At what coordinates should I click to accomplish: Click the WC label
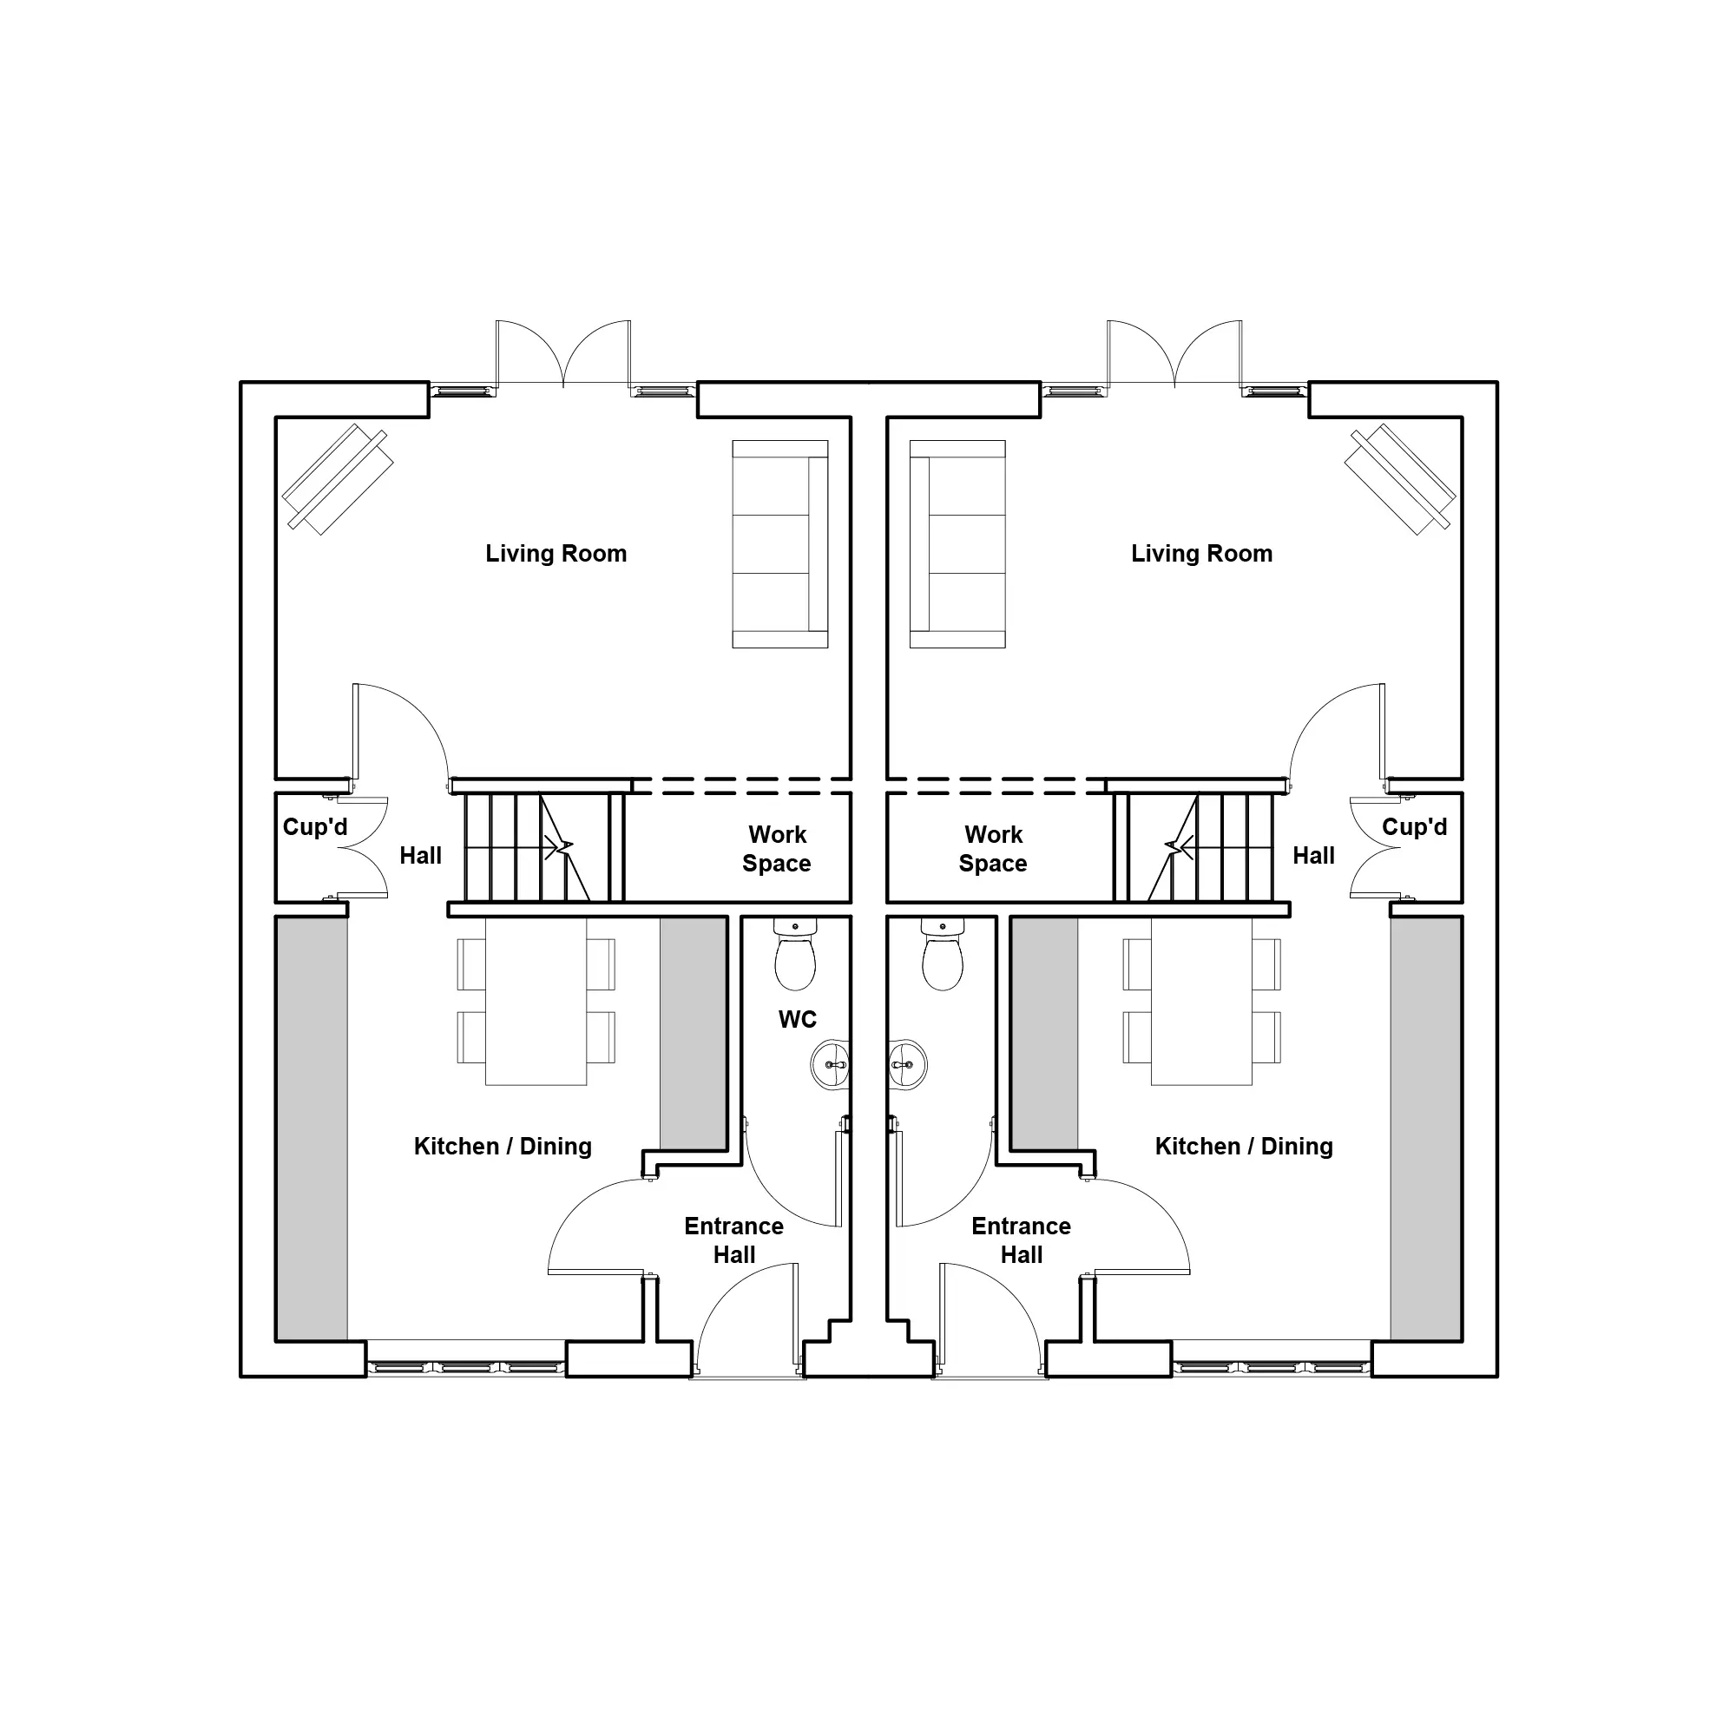coord(797,1019)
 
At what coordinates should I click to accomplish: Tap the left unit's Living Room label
coord(556,554)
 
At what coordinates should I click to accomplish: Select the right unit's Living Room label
coord(1201,554)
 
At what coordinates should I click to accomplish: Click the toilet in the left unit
coord(795,953)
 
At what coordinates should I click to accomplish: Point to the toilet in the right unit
coord(943,953)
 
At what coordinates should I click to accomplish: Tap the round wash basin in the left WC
coord(831,1066)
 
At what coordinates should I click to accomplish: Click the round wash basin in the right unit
coord(908,1066)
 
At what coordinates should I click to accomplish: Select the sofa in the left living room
coord(780,544)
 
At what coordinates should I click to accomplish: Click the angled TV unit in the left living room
coord(338,479)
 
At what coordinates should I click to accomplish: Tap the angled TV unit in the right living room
coord(1400,479)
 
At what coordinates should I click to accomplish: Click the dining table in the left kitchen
coord(536,1001)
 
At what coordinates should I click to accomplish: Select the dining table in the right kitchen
coord(1201,1001)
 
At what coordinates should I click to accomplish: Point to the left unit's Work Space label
coord(776,849)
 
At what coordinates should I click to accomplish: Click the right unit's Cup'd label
coord(1414,826)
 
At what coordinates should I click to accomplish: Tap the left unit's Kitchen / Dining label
coord(503,1147)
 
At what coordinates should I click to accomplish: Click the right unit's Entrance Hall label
coord(1021,1240)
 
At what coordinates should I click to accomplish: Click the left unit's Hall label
coord(420,856)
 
